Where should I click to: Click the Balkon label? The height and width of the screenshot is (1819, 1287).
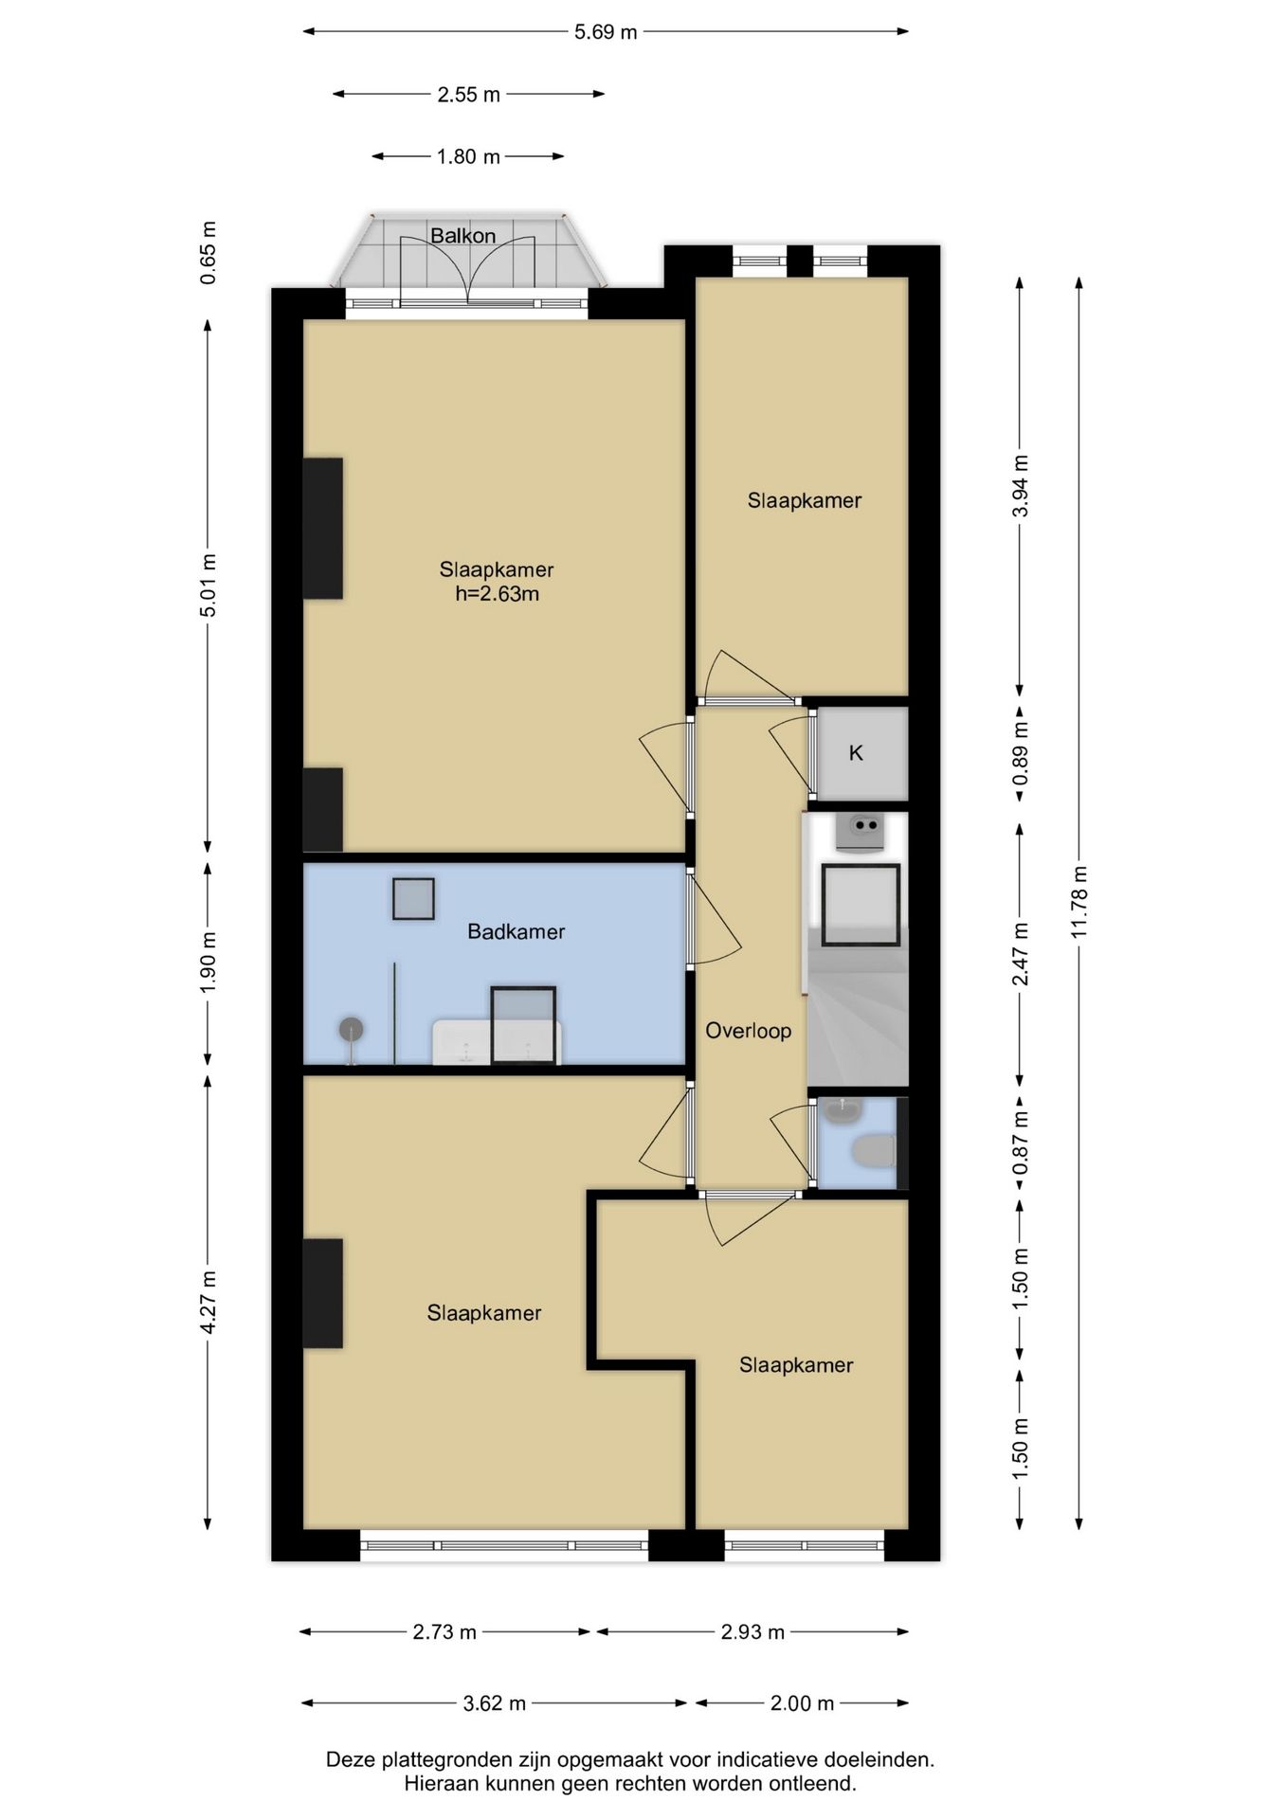462,235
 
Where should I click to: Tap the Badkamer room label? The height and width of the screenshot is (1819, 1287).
516,931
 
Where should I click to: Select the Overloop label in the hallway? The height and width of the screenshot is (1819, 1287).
748,1031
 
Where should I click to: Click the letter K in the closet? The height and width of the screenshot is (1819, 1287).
856,753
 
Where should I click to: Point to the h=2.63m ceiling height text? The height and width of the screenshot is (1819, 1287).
497,594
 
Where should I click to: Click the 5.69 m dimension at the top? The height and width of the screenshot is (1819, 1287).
606,32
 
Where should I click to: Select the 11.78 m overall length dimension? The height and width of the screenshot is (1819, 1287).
1079,902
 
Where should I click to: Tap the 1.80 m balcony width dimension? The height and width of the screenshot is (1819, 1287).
468,156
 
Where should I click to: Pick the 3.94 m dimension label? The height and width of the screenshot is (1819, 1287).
1020,486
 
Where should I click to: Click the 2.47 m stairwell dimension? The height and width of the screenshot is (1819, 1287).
1020,954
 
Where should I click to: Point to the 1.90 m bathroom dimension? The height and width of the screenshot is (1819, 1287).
208,963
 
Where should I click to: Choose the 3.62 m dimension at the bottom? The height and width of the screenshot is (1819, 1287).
494,1703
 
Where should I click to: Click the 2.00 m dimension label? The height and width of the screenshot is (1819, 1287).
802,1703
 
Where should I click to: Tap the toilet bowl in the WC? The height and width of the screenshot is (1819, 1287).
874,1152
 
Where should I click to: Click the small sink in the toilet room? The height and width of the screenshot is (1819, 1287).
842,1110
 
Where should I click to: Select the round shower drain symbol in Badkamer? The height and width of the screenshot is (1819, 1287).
352,1030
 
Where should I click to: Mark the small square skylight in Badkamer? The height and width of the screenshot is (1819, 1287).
413,898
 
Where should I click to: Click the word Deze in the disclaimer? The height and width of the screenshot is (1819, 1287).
351,1759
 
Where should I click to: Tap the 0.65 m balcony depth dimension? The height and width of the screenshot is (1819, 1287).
208,252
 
